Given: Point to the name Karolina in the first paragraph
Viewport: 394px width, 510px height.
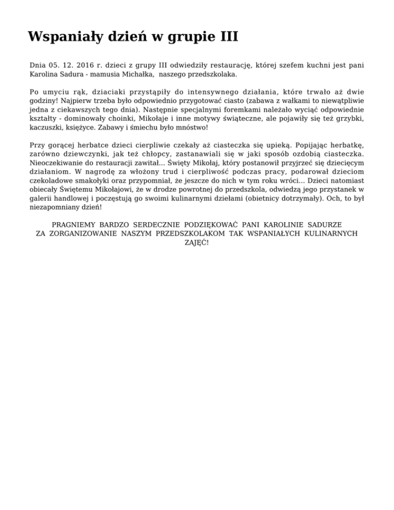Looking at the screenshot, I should click(46, 74).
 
